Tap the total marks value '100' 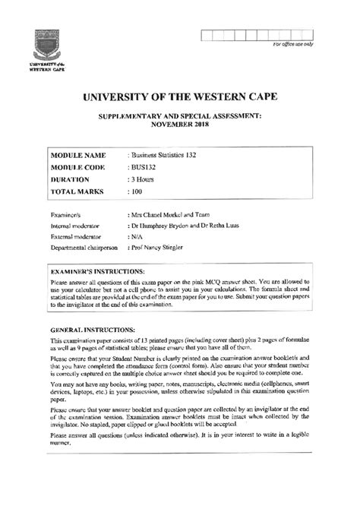pyautogui.click(x=137, y=191)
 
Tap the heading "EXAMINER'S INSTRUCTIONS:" pyautogui.click(x=102, y=270)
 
